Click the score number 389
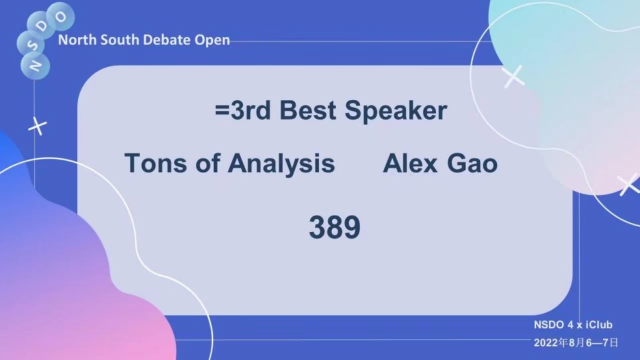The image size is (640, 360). tap(334, 227)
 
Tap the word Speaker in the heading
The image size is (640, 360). tap(395, 111)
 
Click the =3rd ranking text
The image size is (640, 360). tap(242, 110)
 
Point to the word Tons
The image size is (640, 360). tap(155, 163)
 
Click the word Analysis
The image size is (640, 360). tap(281, 164)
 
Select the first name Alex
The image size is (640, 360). tap(410, 163)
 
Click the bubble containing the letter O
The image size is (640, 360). tap(60, 16)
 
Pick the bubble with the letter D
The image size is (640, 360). tap(41, 25)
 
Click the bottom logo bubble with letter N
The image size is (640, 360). tap(35, 65)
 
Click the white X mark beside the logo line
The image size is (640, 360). tap(37, 126)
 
